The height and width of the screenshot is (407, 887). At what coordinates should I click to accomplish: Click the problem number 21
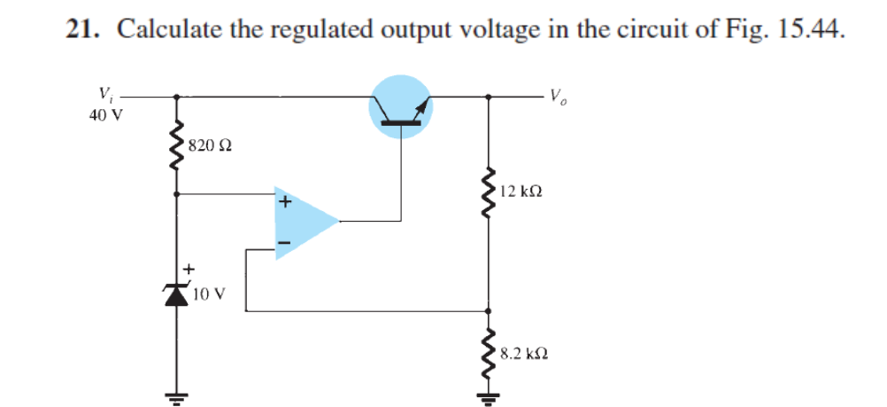pyautogui.click(x=82, y=30)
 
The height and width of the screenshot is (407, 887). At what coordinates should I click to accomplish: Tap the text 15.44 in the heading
pyautogui.click(x=806, y=30)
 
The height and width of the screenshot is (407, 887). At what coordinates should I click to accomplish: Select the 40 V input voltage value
pyautogui.click(x=105, y=113)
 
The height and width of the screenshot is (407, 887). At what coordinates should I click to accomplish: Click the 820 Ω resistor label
pyautogui.click(x=209, y=145)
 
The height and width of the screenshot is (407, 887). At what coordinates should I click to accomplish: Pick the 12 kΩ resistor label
pyautogui.click(x=521, y=190)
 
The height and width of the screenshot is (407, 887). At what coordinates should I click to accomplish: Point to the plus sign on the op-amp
pyautogui.click(x=284, y=201)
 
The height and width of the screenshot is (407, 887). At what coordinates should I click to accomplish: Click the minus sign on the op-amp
pyautogui.click(x=284, y=241)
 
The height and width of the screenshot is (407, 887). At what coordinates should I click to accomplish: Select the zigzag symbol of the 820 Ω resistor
pyautogui.click(x=179, y=145)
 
